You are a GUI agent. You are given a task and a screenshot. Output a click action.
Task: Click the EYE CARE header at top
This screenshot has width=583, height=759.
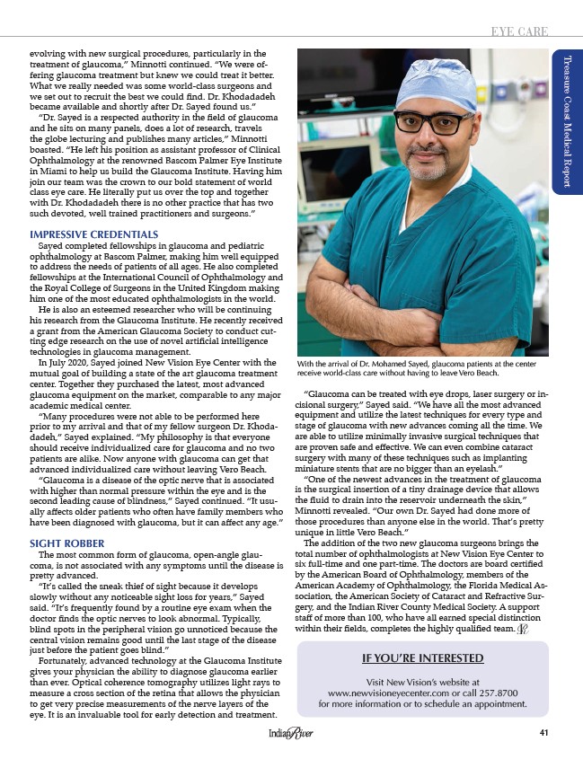point(518,31)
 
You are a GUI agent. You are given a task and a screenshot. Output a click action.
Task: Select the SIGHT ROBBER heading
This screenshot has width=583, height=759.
point(68,543)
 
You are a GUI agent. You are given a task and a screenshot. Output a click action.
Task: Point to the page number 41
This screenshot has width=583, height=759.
point(543,732)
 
